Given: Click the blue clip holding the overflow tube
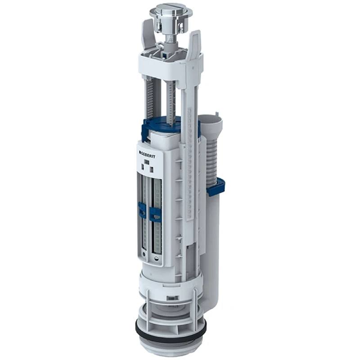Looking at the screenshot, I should (x=216, y=187).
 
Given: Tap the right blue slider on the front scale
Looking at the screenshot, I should (x=155, y=214).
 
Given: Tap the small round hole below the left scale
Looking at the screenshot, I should (x=143, y=254).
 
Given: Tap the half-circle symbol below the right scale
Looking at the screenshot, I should (x=156, y=258).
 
